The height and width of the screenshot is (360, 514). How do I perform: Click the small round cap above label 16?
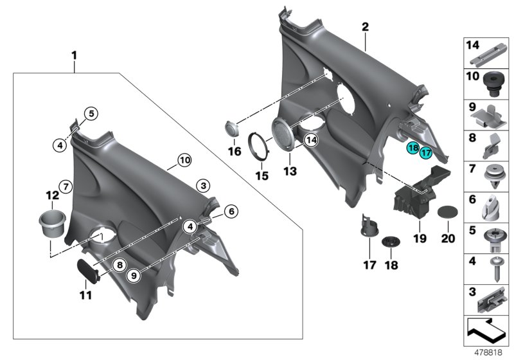(232, 127)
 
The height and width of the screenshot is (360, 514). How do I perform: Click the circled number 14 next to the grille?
(311, 139)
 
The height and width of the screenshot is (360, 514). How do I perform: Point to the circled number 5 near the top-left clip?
(91, 114)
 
